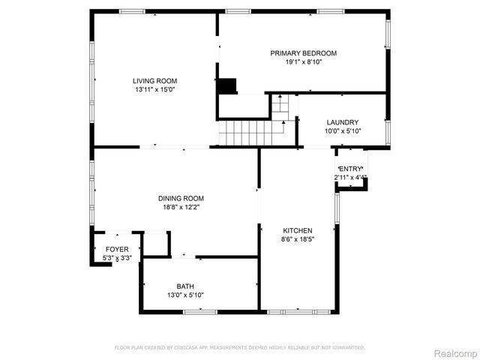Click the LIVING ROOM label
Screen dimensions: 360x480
pos(155,81)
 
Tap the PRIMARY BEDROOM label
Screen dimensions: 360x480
pos(303,53)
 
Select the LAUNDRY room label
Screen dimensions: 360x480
pos(342,122)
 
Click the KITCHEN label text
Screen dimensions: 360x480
pos(297,230)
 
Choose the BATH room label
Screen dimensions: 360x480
pos(184,286)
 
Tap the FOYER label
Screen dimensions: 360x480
pos(116,250)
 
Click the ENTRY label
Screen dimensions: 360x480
pos(350,169)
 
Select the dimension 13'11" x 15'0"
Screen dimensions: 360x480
pos(155,90)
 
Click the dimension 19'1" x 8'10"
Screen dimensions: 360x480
pos(303,62)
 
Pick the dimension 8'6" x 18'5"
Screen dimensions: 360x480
pos(297,239)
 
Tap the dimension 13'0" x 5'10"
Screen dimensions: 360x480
pos(184,295)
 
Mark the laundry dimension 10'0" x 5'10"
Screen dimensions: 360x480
pos(343,131)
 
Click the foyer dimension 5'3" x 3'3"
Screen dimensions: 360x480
pos(117,259)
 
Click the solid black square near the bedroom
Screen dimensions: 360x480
pos(226,85)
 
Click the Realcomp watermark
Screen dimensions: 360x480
pos(456,352)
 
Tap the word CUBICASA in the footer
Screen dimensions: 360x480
pos(192,347)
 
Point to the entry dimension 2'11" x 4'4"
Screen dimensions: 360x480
pos(350,178)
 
